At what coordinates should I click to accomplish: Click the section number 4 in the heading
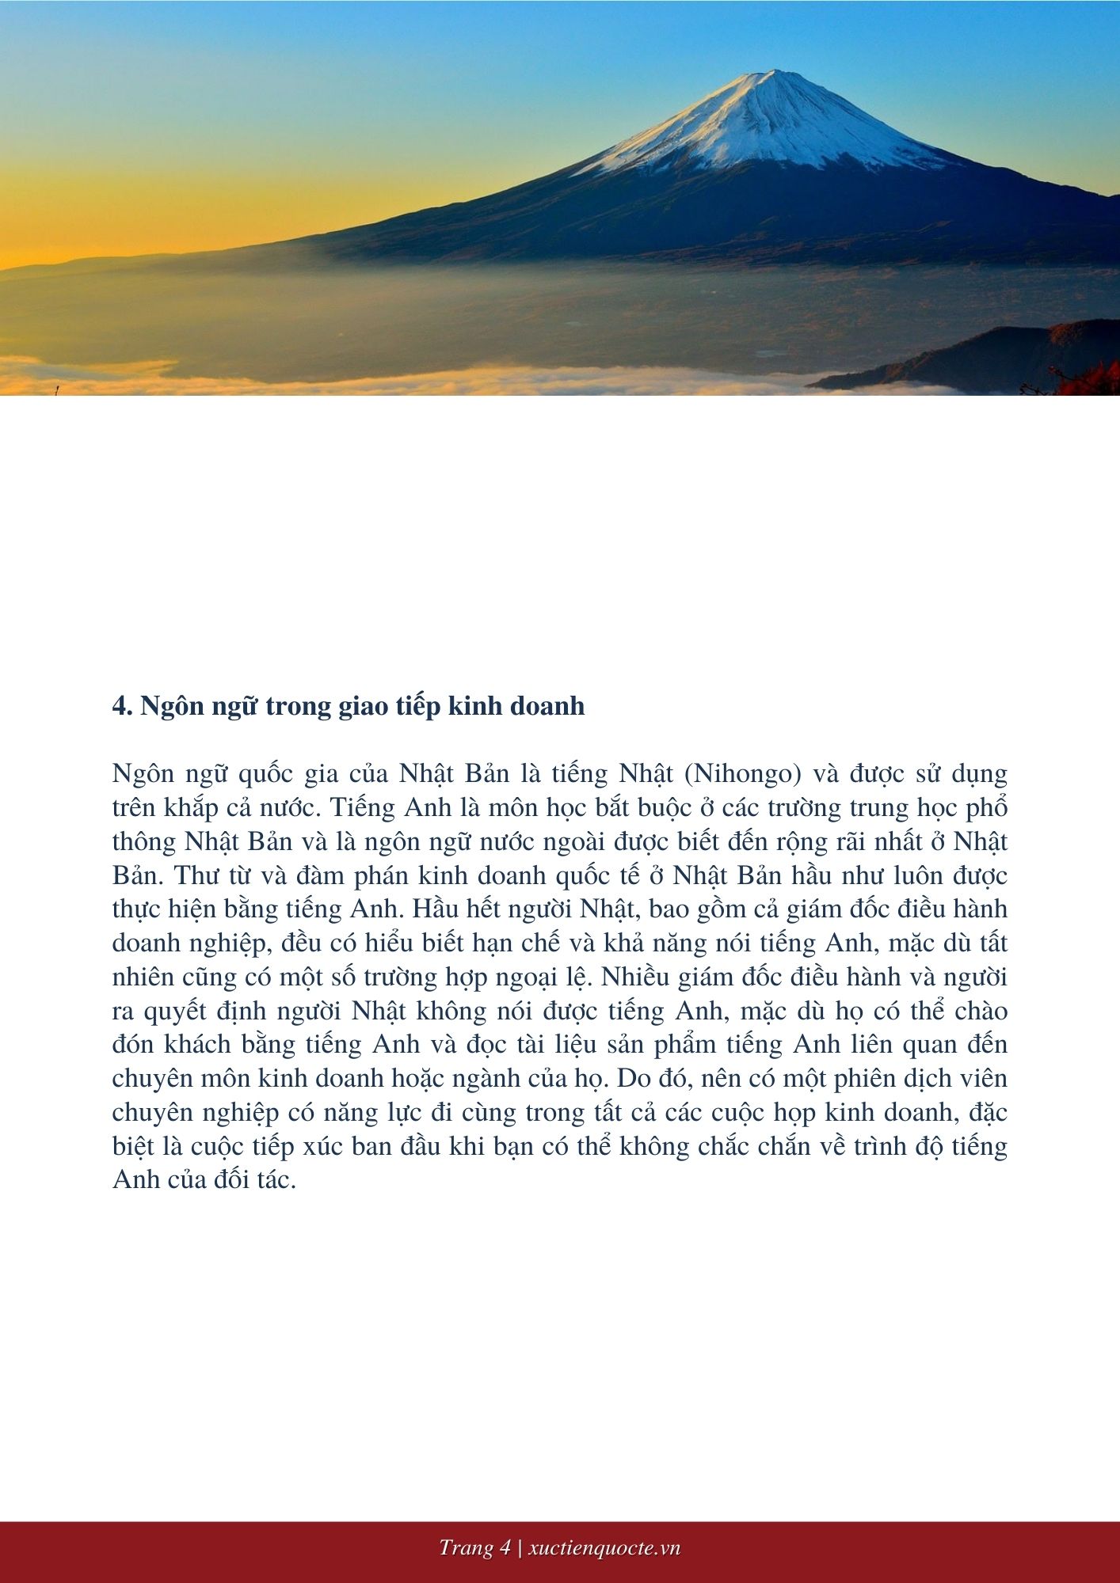point(120,706)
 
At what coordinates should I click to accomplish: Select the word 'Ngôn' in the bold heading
point(167,706)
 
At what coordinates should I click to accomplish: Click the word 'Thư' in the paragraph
point(189,875)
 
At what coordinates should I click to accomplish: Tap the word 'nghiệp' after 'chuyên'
point(241,1113)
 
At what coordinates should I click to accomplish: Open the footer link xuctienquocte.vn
point(604,1548)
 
